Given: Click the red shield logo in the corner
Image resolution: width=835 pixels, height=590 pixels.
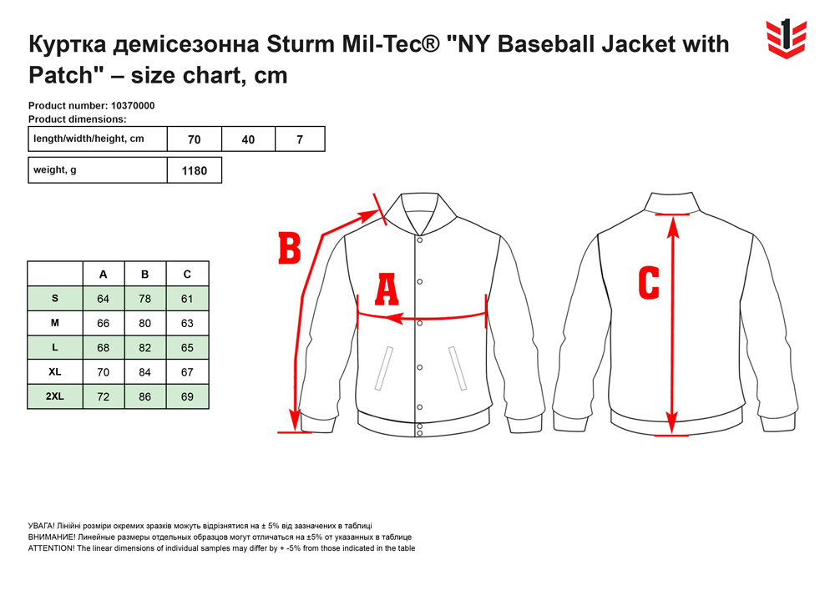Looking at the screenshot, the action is (786, 39).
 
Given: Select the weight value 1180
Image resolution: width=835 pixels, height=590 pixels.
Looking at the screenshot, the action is (195, 171).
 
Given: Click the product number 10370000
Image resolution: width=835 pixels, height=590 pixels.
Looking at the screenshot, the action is (133, 105).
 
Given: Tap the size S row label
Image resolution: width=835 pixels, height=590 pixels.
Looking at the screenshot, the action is (55, 299).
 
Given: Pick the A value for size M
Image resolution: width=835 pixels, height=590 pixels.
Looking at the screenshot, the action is (104, 324).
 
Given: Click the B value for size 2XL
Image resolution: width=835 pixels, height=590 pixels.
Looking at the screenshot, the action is (144, 397).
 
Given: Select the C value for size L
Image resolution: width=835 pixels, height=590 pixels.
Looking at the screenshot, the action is (187, 348).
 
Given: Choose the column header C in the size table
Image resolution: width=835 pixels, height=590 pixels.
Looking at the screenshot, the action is (187, 275).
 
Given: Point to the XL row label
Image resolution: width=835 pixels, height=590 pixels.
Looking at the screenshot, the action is (55, 372).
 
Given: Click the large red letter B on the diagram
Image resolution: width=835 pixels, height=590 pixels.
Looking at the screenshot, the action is (290, 249).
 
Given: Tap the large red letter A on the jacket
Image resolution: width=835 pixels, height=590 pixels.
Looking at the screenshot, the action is (387, 289).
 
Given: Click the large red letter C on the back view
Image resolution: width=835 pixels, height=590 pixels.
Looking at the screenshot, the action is (649, 283).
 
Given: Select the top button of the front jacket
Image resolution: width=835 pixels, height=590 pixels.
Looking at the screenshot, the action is (420, 240).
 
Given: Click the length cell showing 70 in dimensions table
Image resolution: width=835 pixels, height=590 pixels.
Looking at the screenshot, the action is (195, 140).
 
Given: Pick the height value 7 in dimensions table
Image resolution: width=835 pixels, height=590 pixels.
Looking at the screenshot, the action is (300, 140).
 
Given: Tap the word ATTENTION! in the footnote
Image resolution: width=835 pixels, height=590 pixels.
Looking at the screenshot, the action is (52, 548).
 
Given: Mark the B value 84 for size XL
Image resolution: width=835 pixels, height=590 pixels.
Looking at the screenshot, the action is (144, 372).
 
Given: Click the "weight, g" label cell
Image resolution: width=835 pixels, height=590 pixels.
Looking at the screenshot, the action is (55, 170).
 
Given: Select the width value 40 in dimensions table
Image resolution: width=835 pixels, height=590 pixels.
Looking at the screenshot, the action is (248, 140).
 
